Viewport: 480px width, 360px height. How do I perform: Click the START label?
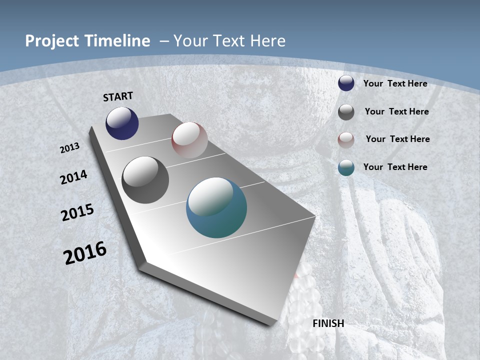118,96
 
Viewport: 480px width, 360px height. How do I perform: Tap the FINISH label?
328,323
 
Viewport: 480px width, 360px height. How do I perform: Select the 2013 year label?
70,148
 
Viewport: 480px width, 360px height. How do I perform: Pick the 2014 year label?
73,177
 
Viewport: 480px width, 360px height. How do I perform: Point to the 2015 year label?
77,212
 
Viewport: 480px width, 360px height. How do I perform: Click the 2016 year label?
85,253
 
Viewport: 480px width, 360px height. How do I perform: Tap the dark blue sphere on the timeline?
122,123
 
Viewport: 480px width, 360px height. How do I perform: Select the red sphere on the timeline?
189,140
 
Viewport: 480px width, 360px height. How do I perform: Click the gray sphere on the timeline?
145,180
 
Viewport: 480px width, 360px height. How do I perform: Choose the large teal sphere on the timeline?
216,207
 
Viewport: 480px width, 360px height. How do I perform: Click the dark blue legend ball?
346,83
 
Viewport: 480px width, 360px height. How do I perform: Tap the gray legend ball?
346,112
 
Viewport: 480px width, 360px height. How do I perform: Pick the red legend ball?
346,140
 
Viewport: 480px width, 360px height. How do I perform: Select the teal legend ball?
346,167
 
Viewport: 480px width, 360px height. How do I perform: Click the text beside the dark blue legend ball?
395,83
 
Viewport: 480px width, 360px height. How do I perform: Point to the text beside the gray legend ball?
396,111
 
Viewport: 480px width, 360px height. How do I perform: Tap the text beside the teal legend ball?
395,167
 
